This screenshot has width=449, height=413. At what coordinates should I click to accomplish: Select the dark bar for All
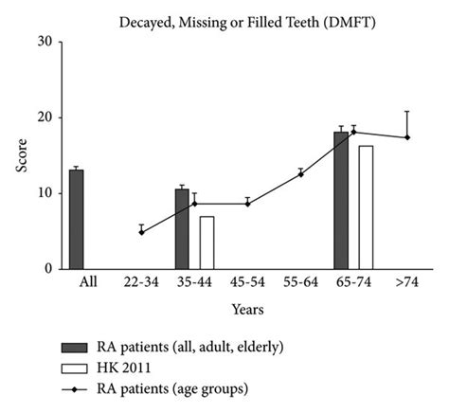click(76, 219)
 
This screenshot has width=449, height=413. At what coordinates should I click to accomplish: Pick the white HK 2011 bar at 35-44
click(207, 242)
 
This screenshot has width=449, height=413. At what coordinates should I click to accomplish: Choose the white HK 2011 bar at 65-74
click(366, 207)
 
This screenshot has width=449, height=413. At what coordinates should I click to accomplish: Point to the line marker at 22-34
click(141, 232)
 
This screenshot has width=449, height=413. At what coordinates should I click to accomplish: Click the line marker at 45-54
click(247, 204)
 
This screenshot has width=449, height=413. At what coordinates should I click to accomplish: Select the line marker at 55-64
click(300, 174)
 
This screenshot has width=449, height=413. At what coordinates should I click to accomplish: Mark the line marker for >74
click(406, 137)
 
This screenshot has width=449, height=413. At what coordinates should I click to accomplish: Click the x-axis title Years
click(247, 309)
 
